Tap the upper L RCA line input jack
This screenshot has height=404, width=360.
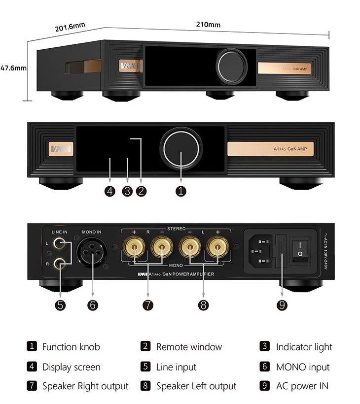pyautogui.click(x=61, y=243)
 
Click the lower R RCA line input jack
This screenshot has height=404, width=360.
pyautogui.click(x=61, y=263)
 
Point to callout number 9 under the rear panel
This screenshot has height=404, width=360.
pyautogui.click(x=282, y=305)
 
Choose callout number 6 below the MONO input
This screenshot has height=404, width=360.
pyautogui.click(x=92, y=305)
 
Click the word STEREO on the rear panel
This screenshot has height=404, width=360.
pyautogui.click(x=177, y=229)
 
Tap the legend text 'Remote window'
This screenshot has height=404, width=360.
pyautogui.click(x=189, y=347)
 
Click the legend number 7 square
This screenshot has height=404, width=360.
pyautogui.click(x=32, y=386)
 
